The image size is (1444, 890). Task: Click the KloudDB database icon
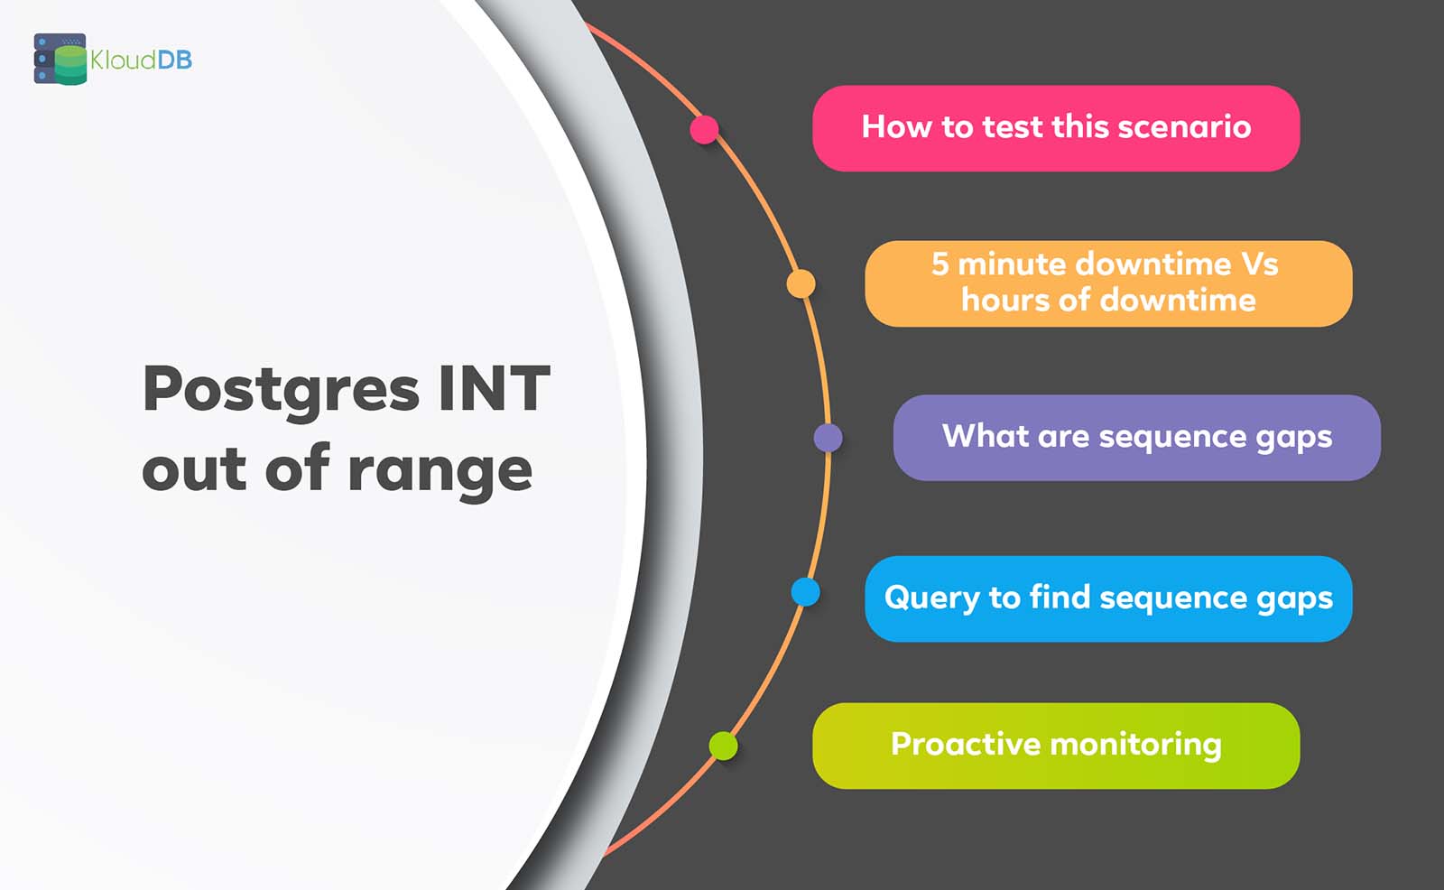point(60,60)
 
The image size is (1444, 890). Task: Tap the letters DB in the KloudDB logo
point(174,60)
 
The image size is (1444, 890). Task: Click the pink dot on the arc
point(704,129)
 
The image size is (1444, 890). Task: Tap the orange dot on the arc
point(801,283)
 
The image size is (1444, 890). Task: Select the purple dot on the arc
point(828,438)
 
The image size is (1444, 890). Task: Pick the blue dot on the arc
point(805,592)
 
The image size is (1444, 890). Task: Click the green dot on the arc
point(723,746)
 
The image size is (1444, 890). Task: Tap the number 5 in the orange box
point(940,264)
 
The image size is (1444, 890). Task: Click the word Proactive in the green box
point(966,745)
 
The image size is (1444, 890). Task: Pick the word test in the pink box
point(1012,127)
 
